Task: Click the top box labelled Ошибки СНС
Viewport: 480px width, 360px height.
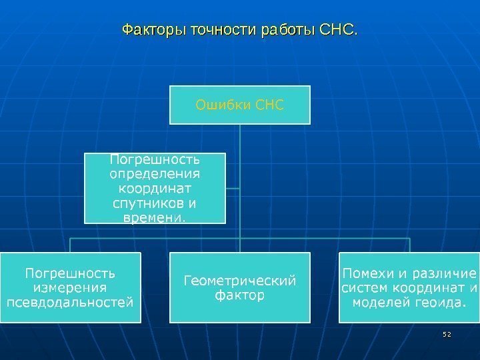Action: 239,105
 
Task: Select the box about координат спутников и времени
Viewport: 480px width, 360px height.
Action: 155,188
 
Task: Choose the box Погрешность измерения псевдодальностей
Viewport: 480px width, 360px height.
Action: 70,287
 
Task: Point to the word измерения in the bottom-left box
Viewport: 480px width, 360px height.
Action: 70,287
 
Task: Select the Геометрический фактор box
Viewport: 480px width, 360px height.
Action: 239,287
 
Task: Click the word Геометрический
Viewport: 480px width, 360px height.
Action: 239,280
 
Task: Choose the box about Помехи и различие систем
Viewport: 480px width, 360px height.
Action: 409,287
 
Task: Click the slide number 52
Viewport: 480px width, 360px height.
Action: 447,333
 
